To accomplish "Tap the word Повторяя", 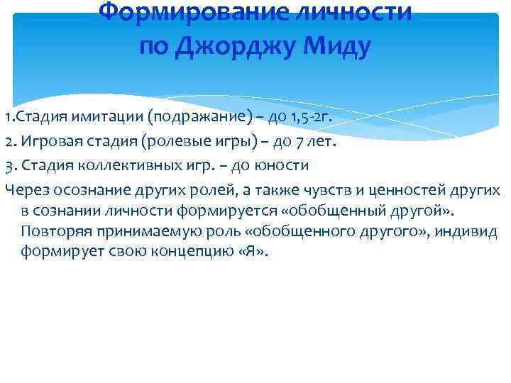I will coord(55,232).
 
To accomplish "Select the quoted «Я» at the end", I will coord(256,252).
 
